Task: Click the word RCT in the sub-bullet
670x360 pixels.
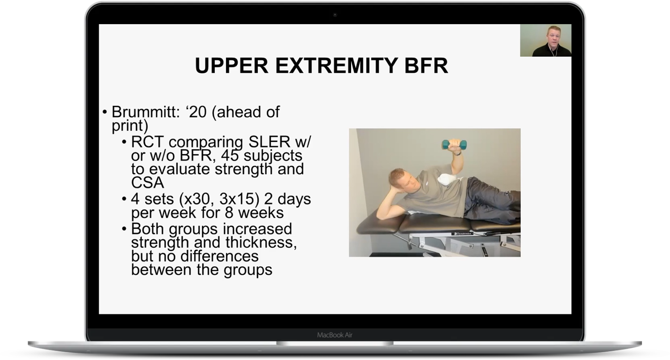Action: (148, 142)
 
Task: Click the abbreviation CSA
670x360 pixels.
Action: (147, 183)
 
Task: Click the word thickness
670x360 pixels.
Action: (261, 243)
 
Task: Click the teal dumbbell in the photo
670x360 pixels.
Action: (454, 144)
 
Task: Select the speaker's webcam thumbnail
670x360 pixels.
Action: (545, 41)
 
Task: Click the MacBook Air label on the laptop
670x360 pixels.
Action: (335, 335)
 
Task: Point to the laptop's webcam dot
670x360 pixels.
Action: (335, 15)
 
